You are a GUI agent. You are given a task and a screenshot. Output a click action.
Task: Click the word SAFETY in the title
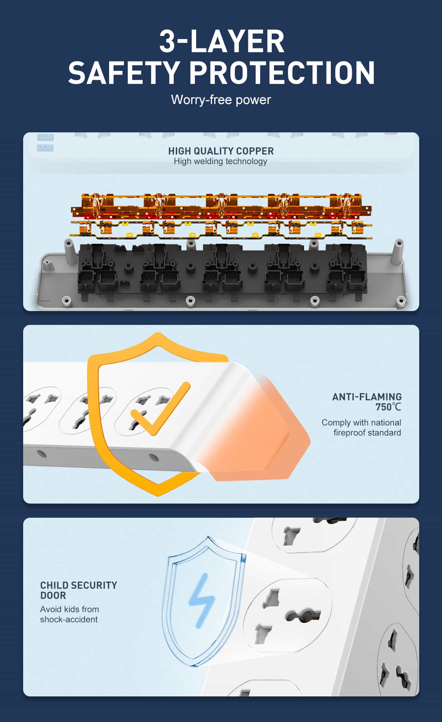point(123,72)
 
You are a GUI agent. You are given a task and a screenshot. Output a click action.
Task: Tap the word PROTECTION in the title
point(282,72)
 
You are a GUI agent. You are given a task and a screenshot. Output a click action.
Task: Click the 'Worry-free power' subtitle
point(221,100)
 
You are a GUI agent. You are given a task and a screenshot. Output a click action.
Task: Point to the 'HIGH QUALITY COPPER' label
point(221,151)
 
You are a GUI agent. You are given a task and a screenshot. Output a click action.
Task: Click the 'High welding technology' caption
point(220,161)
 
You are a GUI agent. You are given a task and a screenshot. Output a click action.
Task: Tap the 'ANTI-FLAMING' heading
point(367,397)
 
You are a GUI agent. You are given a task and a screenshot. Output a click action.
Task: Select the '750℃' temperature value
point(388,407)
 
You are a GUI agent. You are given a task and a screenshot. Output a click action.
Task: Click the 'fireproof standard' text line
point(367,433)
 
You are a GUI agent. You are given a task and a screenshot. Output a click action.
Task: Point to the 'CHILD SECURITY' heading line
point(79,585)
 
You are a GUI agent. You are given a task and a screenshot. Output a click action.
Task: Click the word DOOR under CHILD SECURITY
point(53,596)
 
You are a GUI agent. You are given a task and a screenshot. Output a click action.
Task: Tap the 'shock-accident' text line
point(69,619)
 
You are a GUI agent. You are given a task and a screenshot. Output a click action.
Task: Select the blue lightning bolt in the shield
point(201,601)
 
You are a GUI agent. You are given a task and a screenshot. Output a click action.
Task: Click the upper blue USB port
point(45,137)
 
